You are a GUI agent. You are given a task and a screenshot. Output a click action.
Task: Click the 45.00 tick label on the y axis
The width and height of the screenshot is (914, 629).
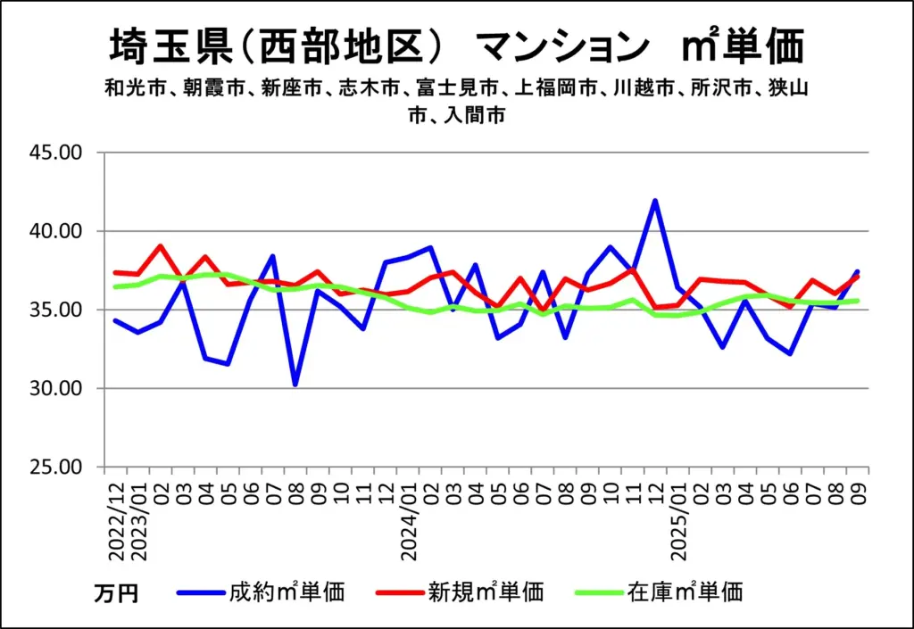(56, 153)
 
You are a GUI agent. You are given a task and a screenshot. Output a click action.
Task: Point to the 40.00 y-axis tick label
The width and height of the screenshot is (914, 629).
(56, 231)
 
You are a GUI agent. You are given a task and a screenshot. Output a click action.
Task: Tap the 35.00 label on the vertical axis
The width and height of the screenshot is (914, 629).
(56, 310)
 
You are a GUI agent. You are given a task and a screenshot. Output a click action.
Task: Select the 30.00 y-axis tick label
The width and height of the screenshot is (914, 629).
(56, 389)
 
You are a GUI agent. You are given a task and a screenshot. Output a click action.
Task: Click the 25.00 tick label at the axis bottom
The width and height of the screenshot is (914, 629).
(56, 468)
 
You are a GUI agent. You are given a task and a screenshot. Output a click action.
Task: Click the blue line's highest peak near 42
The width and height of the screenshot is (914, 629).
(656, 201)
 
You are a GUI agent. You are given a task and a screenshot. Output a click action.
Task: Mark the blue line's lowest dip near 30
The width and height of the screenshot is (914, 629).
(295, 385)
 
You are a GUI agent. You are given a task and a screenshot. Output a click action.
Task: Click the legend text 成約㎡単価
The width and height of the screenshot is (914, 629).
(287, 592)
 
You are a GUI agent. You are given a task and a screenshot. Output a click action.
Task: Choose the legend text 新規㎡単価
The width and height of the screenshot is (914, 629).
(485, 592)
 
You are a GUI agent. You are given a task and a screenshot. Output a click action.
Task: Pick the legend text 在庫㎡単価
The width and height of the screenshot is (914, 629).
(685, 592)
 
